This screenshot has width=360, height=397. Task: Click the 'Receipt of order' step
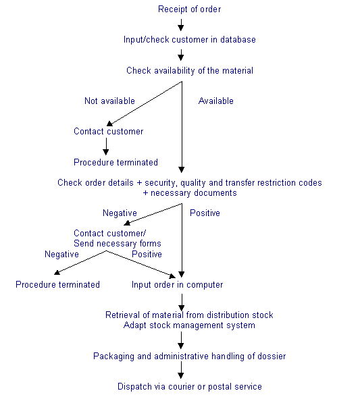click(x=190, y=9)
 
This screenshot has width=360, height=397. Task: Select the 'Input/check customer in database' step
click(x=190, y=40)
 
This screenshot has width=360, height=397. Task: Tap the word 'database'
click(x=238, y=39)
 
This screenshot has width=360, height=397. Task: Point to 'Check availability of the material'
click(x=190, y=70)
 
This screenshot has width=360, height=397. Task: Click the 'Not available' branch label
click(x=109, y=101)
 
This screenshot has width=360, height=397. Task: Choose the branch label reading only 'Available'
click(x=216, y=101)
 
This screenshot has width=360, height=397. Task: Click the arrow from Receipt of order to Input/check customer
click(x=180, y=25)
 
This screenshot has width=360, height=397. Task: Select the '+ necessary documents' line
click(x=190, y=193)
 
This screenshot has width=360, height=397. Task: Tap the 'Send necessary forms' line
click(x=118, y=244)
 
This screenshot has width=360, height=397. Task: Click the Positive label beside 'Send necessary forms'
click(x=147, y=254)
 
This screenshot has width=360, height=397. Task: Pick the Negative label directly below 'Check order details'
click(x=120, y=213)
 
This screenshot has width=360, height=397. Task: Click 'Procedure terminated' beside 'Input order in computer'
click(x=58, y=285)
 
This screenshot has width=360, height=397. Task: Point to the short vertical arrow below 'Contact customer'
click(x=106, y=147)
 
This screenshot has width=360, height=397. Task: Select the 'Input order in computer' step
click(x=178, y=285)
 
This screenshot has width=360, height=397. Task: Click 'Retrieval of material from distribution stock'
click(x=189, y=315)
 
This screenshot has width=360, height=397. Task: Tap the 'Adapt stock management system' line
click(x=189, y=325)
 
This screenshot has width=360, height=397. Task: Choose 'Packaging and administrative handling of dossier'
click(x=190, y=356)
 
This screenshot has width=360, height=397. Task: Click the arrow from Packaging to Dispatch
click(x=181, y=370)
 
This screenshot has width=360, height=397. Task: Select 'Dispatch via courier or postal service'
click(x=190, y=387)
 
